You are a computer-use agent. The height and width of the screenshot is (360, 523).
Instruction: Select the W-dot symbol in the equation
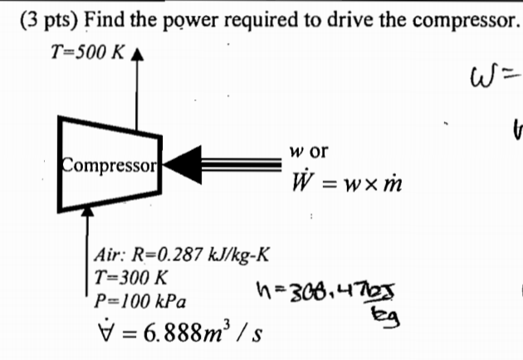[x=300, y=182]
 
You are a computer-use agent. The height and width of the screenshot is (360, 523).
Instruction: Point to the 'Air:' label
[x=113, y=255]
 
